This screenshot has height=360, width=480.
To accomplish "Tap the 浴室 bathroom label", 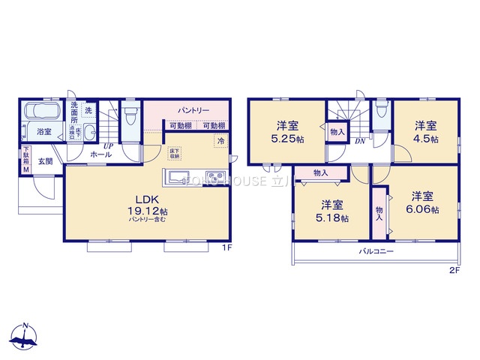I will pyautogui.click(x=44, y=132).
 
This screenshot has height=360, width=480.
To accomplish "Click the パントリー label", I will pyautogui.click(x=193, y=110).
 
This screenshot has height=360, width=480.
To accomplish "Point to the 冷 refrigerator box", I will pyautogui.click(x=221, y=140).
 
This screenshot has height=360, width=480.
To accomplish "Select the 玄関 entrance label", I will pyautogui.click(x=45, y=160).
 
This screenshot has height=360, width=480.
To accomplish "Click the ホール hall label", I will pyautogui.click(x=101, y=154).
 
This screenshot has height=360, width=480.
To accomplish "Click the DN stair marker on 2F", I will pyautogui.click(x=359, y=141).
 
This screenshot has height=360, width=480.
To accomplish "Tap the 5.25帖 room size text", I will pyautogui.click(x=289, y=139).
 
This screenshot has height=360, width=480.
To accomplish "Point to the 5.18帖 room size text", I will pyautogui.click(x=333, y=218).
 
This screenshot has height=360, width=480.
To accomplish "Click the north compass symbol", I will pyautogui.click(x=25, y=338).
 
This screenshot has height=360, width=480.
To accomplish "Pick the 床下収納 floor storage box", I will pyautogui.click(x=174, y=153).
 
